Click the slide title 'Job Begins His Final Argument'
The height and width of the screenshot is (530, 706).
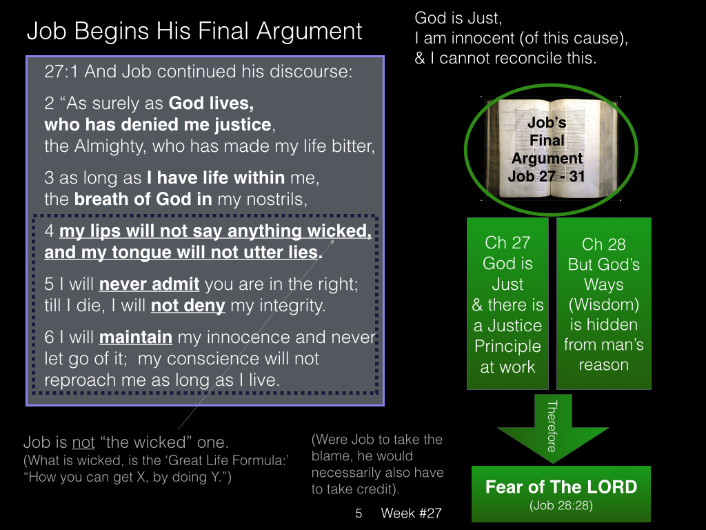tap(194, 32)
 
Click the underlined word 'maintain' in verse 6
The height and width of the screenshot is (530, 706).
tap(136, 337)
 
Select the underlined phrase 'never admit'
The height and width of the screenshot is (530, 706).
tap(149, 284)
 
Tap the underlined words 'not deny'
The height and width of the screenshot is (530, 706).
tap(188, 306)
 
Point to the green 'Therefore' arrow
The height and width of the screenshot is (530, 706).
tap(553, 428)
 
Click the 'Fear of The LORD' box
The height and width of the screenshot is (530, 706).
tap(561, 494)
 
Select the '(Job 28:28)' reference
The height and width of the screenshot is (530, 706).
tap(561, 505)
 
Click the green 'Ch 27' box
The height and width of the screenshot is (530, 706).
tap(508, 304)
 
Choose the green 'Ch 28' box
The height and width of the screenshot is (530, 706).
tap(604, 304)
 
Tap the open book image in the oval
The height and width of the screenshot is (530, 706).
tap(551, 149)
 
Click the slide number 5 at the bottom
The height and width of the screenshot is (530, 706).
tap(359, 513)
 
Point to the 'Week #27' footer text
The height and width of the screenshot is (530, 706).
tap(411, 513)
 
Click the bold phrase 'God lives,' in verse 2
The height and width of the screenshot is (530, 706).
tap(211, 104)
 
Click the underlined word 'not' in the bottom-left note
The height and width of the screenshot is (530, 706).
tap(83, 442)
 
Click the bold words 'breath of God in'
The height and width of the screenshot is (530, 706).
tap(143, 199)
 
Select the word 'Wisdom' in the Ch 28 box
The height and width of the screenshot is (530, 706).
tap(604, 304)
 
